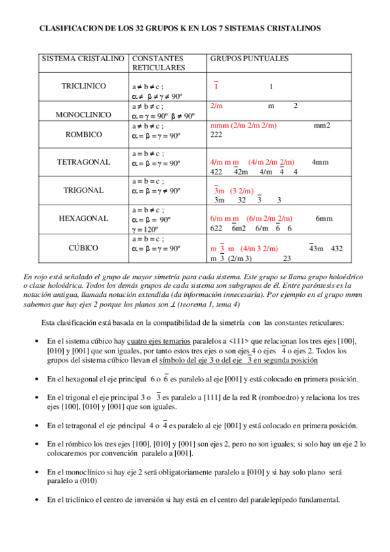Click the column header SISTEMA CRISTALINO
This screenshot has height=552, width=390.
point(83,59)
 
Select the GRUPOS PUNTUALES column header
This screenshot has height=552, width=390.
point(249,59)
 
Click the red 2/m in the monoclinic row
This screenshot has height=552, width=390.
point(217,105)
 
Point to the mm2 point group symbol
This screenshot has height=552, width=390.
point(322,125)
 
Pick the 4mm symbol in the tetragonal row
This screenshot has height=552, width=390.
point(320,161)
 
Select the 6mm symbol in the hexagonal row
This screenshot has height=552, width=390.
point(324,219)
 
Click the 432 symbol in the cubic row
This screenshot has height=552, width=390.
point(337,248)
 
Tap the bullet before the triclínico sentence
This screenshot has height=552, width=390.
point(35,500)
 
